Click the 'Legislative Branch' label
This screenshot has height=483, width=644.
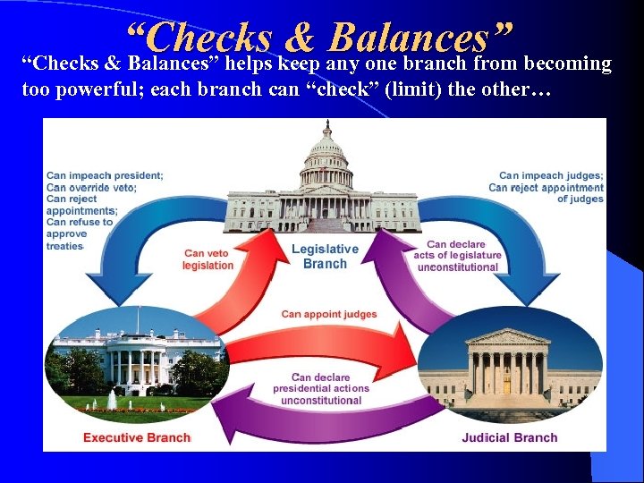pos(325,256)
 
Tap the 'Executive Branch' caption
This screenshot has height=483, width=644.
pos(137,437)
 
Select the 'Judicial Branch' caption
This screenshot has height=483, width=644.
pos(509,437)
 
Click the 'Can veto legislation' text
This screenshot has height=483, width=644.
pos(208,259)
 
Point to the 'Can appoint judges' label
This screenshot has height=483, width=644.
pos(329,314)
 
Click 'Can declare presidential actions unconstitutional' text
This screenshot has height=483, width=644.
pos(321,389)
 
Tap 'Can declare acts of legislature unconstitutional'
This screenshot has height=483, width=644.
pos(457,256)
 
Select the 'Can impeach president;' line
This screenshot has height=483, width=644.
pos(105,176)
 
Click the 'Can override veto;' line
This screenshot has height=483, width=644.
pos(91,188)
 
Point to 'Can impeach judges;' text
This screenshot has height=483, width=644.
pos(551,176)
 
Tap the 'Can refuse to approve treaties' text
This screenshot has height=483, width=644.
pos(80,233)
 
